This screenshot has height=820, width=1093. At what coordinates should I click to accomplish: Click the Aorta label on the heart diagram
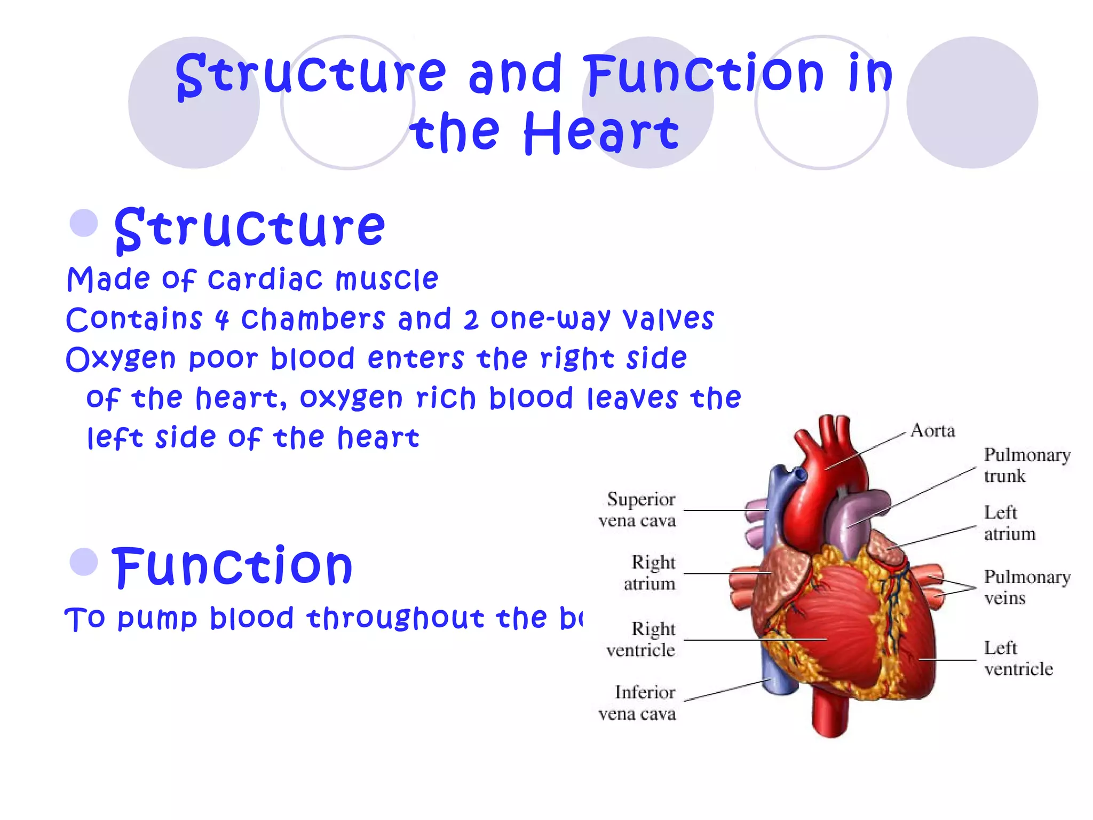tap(932, 430)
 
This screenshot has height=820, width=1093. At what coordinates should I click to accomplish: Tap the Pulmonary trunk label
tap(1027, 465)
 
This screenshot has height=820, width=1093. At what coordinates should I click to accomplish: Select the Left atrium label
tap(1009, 523)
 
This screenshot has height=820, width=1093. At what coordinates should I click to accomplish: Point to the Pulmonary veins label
tap(1027, 587)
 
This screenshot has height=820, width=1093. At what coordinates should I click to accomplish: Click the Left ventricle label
tap(1018, 658)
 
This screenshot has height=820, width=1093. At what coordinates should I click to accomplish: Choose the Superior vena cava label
tap(637, 509)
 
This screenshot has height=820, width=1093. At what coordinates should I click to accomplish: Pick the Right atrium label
tap(650, 573)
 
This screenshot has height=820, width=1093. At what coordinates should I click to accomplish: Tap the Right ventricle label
tap(641, 640)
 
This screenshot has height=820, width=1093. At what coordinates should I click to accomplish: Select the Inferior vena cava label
tap(637, 703)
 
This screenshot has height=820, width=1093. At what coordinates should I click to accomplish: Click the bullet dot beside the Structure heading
tap(84, 223)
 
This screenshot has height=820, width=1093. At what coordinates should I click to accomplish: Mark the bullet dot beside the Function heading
tap(84, 562)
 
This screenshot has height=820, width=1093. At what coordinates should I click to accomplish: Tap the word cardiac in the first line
tap(265, 279)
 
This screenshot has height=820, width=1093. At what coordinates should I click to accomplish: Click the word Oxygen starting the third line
tap(121, 359)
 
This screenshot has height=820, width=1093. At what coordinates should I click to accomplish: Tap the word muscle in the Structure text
tap(387, 279)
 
